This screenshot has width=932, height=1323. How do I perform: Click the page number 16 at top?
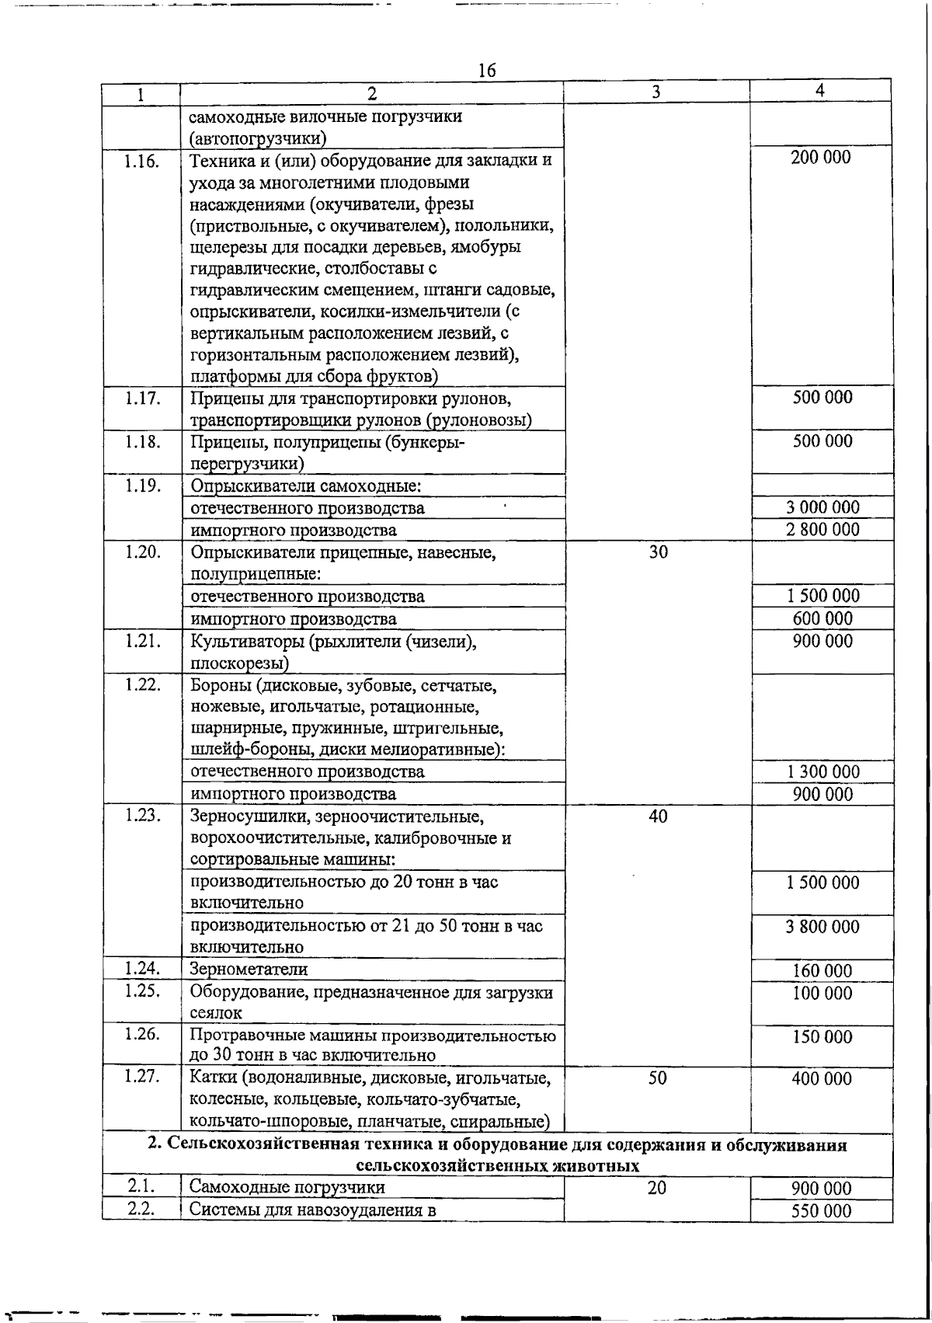pos(487,70)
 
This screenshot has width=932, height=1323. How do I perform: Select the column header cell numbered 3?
pos(656,92)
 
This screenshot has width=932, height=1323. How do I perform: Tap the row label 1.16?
pos(141,162)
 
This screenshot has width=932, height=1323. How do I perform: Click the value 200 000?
pos(821,158)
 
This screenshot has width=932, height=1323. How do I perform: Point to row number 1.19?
pos(141,486)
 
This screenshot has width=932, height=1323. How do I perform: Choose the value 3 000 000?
pos(822,507)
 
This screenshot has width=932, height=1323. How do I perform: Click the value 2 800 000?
pos(822,530)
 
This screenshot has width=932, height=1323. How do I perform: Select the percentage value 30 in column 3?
pos(658,552)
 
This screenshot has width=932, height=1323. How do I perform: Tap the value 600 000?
pos(822,618)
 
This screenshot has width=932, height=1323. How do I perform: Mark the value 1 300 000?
pos(822,771)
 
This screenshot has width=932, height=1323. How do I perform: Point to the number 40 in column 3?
pos(658,816)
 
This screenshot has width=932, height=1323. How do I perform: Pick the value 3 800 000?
pos(822,926)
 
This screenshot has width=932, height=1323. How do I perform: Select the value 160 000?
pos(822,970)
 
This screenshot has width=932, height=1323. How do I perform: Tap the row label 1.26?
pos(141,1034)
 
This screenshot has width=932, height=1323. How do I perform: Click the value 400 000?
pos(822,1078)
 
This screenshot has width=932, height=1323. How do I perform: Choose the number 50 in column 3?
pos(658,1078)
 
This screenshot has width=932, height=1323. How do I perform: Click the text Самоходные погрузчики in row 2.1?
pos(287,1187)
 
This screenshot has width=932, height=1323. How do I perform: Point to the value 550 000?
pos(822,1210)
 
